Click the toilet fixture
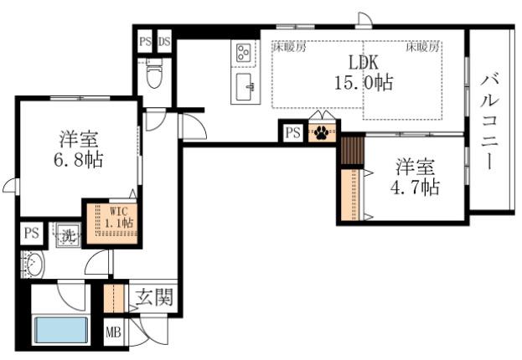[154, 75]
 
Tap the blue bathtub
[61, 330]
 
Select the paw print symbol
[322, 132]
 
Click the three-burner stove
[243, 54]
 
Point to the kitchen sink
[245, 87]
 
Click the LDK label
[363, 63]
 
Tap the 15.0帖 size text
[364, 82]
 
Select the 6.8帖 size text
[78, 159]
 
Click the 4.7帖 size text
[415, 187]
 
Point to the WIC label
[119, 211]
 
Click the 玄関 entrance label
[154, 296]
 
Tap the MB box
[113, 332]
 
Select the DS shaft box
[164, 42]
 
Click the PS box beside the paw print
[293, 133]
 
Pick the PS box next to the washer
[32, 234]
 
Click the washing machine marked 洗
[68, 235]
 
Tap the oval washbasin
[34, 265]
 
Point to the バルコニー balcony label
[489, 121]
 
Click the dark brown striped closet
[352, 149]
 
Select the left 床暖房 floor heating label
[289, 47]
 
